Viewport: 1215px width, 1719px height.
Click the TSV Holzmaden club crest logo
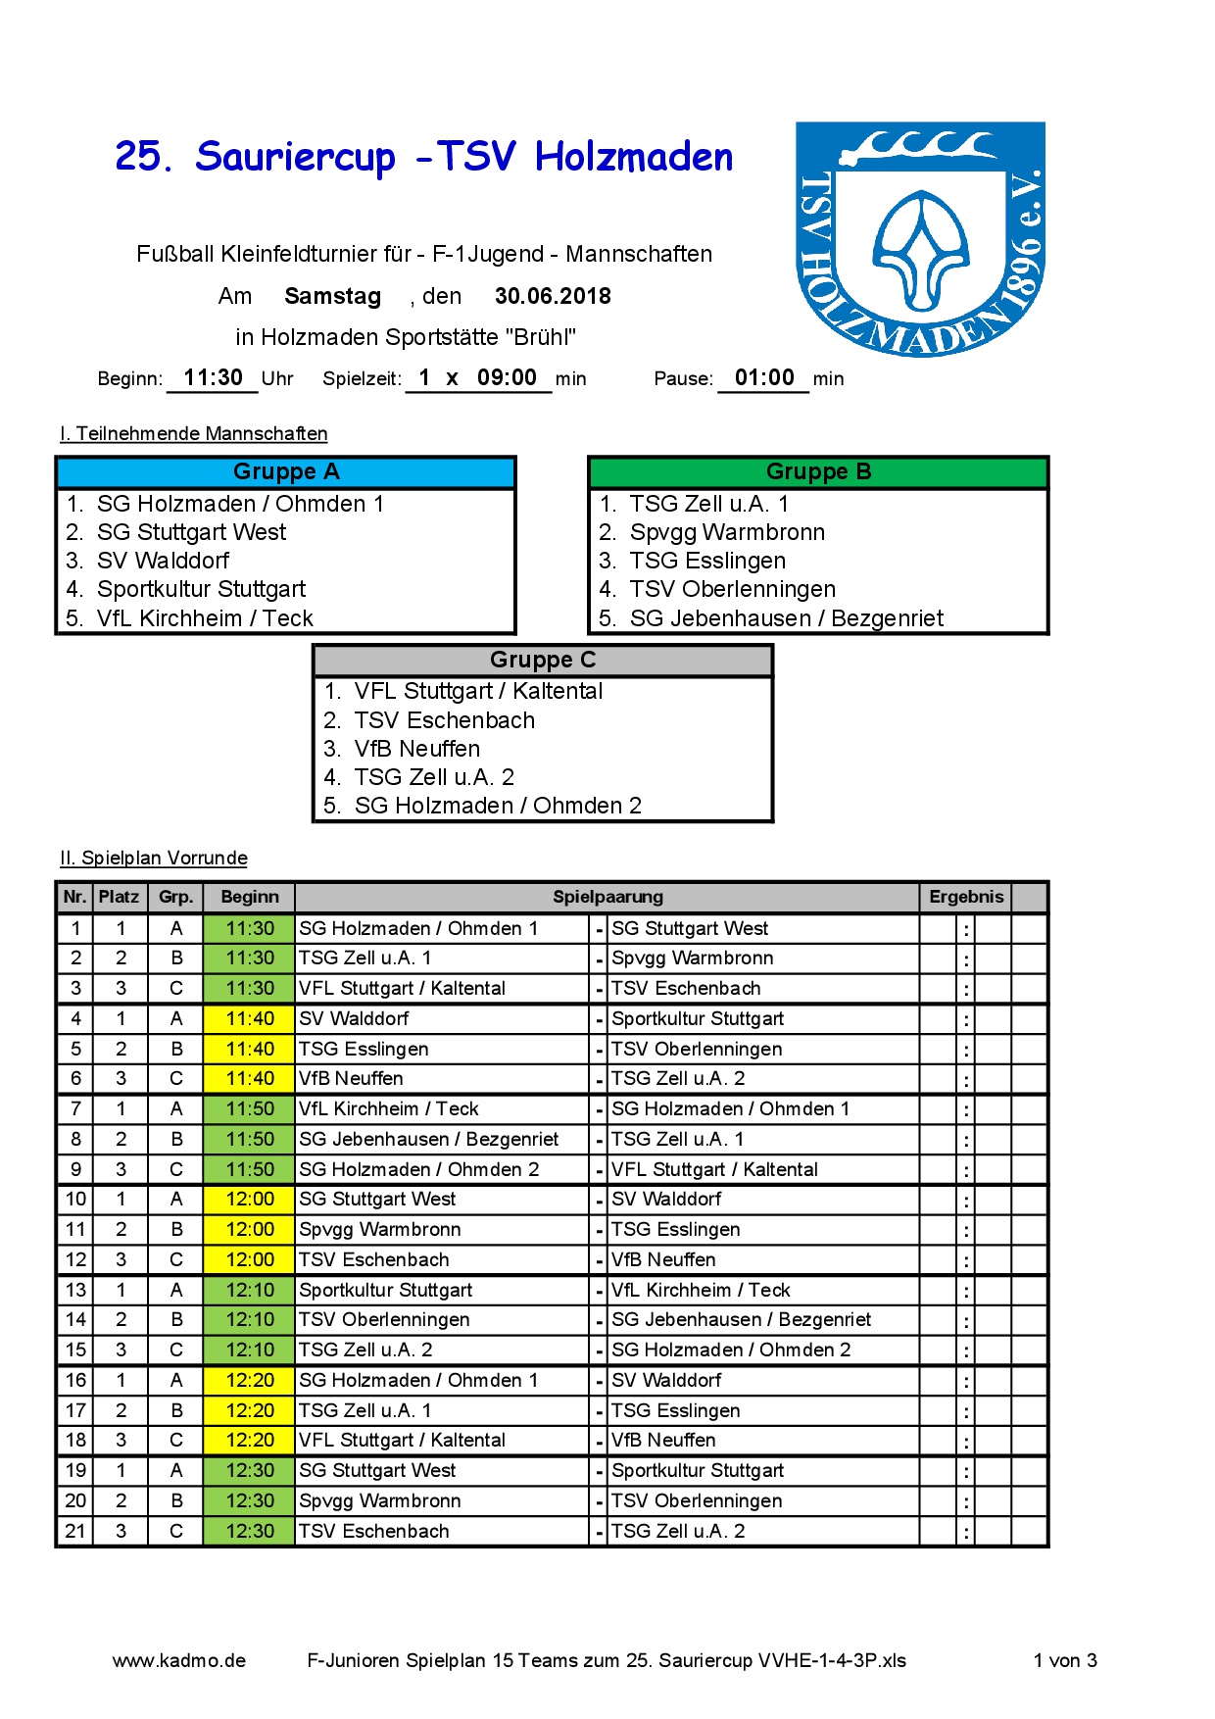(x=920, y=239)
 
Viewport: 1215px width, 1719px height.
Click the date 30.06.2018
(x=553, y=296)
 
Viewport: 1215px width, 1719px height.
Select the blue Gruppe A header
(x=286, y=472)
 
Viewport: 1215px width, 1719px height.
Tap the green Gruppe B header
(x=818, y=472)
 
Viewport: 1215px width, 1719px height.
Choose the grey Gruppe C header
(x=543, y=661)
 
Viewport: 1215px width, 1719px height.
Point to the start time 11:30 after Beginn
(x=213, y=378)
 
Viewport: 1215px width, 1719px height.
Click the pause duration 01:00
(x=764, y=378)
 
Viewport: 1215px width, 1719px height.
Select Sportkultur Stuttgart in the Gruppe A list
(x=201, y=589)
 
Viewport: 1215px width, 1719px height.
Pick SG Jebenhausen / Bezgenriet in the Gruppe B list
(x=786, y=618)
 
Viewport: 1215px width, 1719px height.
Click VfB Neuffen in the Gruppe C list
(x=417, y=749)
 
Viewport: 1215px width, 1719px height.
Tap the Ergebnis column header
(x=966, y=897)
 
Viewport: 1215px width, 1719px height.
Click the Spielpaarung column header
(x=607, y=897)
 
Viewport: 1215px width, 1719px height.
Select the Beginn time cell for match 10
(x=250, y=1200)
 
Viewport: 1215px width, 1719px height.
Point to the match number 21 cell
(x=75, y=1531)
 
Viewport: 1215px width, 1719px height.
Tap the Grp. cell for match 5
(x=176, y=1049)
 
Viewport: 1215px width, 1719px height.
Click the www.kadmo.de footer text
(x=179, y=1660)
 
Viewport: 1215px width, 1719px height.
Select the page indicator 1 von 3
(x=1065, y=1660)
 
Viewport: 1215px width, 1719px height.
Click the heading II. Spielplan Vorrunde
(x=154, y=859)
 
